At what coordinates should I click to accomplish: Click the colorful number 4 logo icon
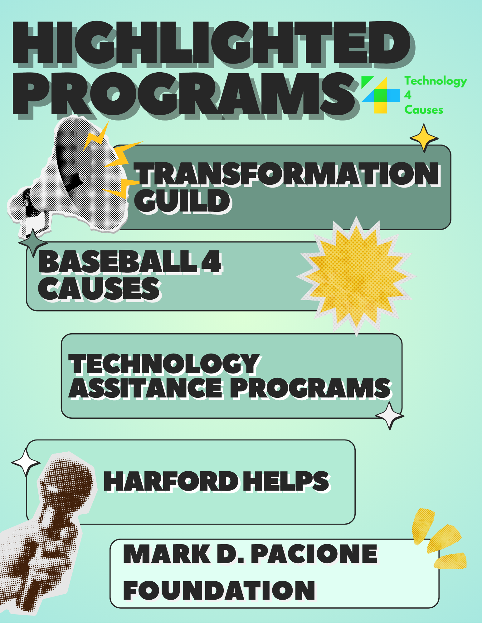(380, 95)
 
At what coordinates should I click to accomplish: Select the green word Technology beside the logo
(436, 81)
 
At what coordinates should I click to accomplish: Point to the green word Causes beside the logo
(423, 110)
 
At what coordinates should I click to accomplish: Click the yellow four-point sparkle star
(424, 138)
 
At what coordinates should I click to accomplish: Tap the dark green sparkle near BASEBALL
(33, 243)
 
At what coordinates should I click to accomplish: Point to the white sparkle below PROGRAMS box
(389, 416)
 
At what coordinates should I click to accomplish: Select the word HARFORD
(171, 481)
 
